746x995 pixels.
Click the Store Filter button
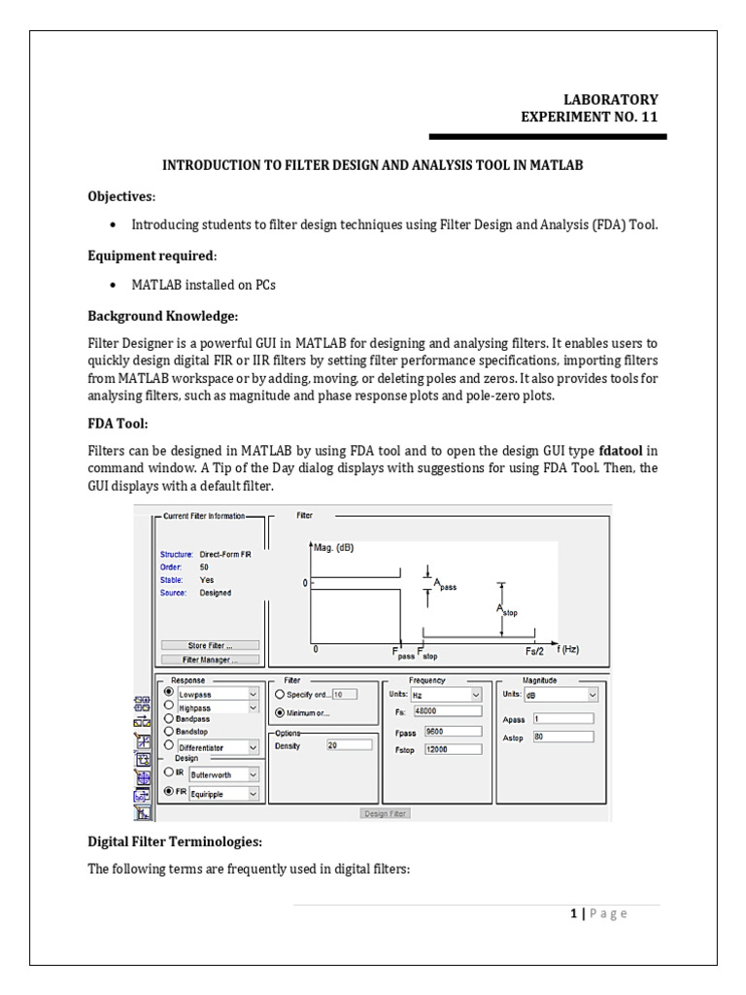[210, 645]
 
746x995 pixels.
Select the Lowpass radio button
[169, 692]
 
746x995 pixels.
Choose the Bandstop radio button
[169, 732]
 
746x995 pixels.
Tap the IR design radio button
[169, 772]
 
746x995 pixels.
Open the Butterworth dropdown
[224, 774]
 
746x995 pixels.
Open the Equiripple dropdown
[224, 794]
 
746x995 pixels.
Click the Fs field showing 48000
[448, 711]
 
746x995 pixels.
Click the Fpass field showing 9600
[453, 732]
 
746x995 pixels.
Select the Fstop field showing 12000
[453, 749]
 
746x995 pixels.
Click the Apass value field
[563, 719]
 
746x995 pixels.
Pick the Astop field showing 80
[563, 738]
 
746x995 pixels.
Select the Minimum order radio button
[280, 713]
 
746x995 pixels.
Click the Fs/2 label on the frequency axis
[534, 651]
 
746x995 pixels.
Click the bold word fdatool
[621, 451]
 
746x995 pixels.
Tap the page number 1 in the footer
[573, 913]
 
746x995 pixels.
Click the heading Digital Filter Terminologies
[175, 842]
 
